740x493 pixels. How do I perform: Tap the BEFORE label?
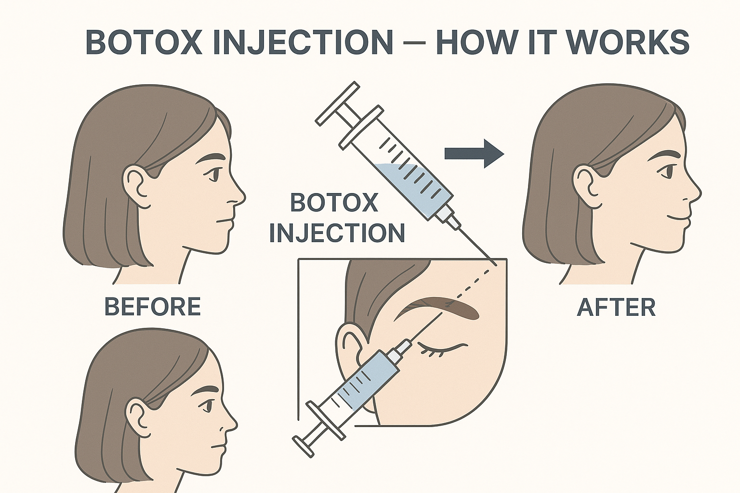[x=153, y=306]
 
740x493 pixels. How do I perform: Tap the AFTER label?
[x=616, y=307]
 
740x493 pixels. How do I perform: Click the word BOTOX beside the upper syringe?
[x=334, y=202]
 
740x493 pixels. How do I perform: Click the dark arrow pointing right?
[x=474, y=154]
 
